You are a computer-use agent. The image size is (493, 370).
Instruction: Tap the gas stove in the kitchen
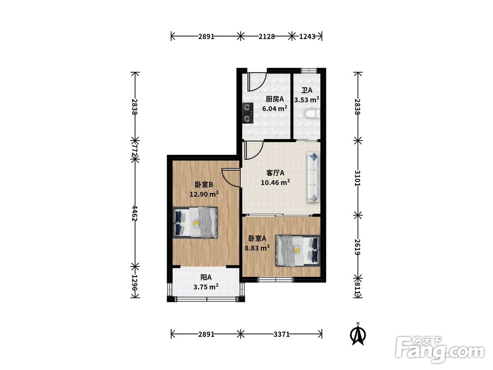pos(248,112)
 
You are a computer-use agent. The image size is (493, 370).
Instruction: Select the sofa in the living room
pos(313,177)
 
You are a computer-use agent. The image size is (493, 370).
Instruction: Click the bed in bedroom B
pos(195,222)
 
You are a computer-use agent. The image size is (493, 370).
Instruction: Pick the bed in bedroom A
pos(298,251)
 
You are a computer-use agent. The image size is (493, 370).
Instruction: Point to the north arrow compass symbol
pos(357,334)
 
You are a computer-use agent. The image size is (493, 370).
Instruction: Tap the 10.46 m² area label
pos(276,182)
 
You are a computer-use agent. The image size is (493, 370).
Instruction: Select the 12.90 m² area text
pos(204,194)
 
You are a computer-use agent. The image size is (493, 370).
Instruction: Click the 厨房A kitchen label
pos(275,99)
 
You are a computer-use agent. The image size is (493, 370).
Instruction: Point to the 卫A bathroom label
pos(307,90)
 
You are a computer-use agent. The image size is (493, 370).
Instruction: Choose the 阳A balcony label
pos(206,277)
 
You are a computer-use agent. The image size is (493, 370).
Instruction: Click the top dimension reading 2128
pos(267,37)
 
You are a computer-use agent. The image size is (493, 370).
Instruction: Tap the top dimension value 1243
pos(307,37)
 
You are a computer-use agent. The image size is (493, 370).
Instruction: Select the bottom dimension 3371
pos(282,334)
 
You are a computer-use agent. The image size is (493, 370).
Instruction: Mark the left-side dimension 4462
pos(135,213)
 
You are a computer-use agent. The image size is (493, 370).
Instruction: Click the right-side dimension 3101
pos(357,178)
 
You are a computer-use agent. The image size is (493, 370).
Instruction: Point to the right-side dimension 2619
pos(357,247)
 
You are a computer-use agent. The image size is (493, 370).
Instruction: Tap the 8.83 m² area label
pos(257,248)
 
